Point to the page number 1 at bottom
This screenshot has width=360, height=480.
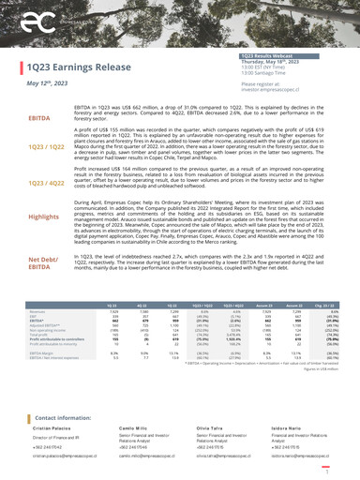pyautogui.click(x=350, y=464)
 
